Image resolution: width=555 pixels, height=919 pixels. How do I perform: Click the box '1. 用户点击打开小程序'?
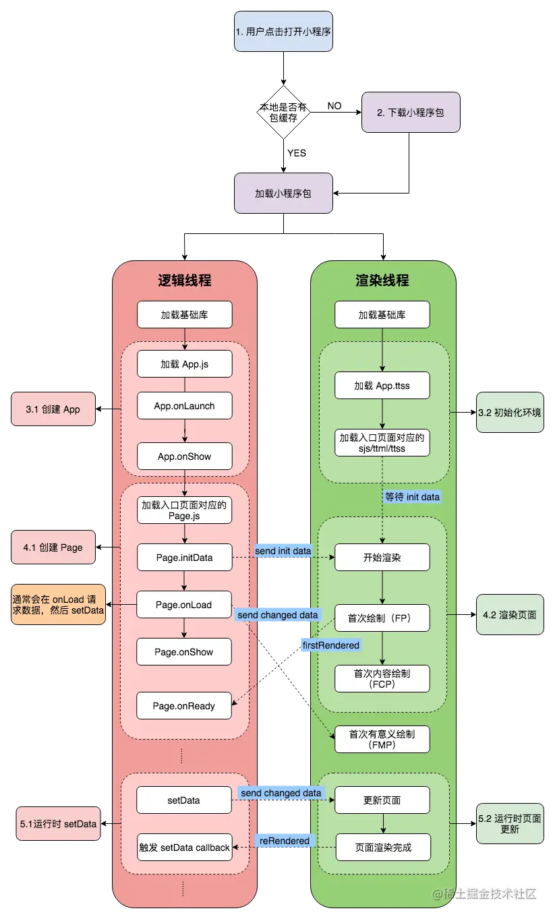[x=283, y=32]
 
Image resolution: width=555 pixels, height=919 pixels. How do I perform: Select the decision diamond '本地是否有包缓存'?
[x=283, y=113]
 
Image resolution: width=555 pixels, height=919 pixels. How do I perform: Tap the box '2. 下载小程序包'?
[x=411, y=113]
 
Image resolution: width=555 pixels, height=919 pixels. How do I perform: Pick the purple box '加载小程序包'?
[x=283, y=193]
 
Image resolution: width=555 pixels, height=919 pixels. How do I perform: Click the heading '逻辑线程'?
[x=185, y=280]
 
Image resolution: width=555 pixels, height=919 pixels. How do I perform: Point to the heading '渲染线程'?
[x=382, y=280]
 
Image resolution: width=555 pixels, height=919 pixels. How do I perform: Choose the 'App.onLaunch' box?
[x=184, y=406]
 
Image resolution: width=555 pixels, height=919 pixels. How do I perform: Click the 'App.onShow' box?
[x=184, y=456]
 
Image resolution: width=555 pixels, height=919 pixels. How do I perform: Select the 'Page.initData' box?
[x=184, y=558]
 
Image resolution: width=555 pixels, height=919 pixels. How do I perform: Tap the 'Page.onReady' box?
[x=184, y=706]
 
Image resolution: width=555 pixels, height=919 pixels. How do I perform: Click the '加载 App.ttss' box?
[x=382, y=386]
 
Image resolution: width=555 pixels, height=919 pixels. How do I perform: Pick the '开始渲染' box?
[x=382, y=558]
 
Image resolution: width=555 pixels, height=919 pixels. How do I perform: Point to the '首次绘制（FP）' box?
[x=382, y=617]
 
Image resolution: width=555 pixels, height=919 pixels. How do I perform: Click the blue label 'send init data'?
[x=283, y=551]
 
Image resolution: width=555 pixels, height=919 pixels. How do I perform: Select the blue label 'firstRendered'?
[x=330, y=645]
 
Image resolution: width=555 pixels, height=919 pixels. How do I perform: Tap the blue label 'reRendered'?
[x=284, y=841]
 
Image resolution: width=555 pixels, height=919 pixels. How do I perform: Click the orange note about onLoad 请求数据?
[x=58, y=604]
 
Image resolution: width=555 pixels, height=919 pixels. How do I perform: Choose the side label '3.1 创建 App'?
[x=53, y=409]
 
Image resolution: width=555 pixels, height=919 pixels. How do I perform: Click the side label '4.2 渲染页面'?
[x=509, y=614]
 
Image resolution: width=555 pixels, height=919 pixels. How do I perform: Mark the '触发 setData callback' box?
[x=184, y=848]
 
